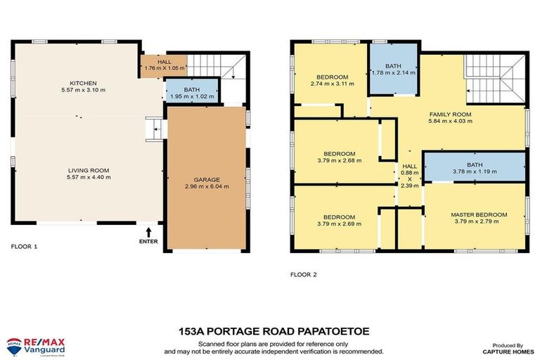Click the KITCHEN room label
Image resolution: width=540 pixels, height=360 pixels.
[82, 83]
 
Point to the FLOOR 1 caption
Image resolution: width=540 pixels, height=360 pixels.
[25, 247]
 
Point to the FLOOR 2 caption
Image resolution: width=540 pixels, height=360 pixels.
[304, 274]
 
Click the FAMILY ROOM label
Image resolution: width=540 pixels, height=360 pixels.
[450, 113]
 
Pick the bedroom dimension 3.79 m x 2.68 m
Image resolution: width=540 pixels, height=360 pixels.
[339, 160]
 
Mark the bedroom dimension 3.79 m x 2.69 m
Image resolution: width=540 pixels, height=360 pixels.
[339, 224]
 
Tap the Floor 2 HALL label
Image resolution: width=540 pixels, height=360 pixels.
[409, 166]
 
